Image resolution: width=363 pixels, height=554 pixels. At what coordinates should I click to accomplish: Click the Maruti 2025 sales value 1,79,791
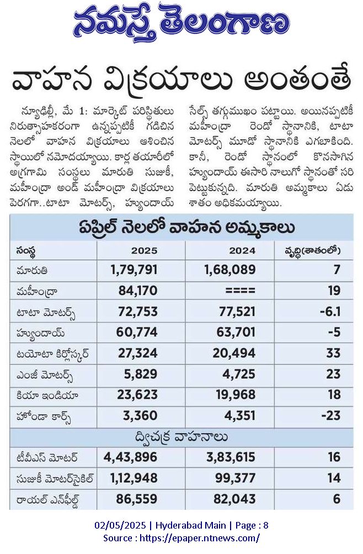134,270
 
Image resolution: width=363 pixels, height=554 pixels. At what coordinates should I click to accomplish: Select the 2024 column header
242,251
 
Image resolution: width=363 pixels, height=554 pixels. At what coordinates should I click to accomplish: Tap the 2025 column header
145,251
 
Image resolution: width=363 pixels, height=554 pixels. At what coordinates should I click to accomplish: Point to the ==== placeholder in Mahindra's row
240,291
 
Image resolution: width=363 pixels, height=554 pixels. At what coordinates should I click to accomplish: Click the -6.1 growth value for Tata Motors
330,312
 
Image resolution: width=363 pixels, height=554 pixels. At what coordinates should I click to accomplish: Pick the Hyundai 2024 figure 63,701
236,332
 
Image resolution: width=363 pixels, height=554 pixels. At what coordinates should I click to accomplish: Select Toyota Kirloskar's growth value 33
333,353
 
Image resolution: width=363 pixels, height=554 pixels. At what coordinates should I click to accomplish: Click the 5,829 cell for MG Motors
141,374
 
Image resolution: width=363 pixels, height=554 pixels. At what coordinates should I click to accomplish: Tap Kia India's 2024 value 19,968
236,395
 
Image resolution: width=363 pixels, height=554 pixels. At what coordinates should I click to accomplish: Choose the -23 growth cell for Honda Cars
331,415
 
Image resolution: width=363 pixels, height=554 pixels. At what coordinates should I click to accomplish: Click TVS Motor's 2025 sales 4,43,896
131,457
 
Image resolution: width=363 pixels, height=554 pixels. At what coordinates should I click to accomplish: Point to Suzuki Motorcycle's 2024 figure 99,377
236,478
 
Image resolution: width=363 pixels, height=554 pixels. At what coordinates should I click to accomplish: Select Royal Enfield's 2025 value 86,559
137,499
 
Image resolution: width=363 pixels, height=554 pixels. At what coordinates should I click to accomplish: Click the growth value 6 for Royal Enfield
337,499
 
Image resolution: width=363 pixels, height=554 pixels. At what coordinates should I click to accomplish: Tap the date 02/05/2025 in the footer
120,525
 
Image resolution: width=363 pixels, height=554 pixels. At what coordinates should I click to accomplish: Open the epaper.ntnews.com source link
200,538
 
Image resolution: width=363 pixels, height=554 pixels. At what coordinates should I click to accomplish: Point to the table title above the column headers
186,228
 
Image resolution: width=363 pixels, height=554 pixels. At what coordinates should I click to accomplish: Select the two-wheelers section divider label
181,437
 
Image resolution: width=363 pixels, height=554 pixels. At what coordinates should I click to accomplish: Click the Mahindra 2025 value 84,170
138,291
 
